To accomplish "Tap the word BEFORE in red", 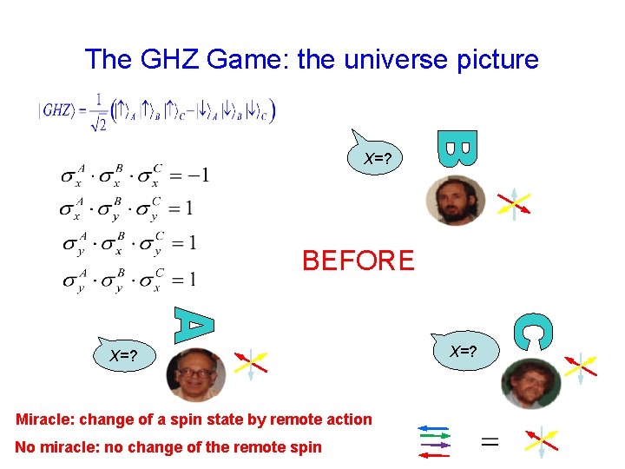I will pyautogui.click(x=358, y=260).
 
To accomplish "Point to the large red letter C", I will pyautogui.click(x=531, y=332).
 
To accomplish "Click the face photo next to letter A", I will pyautogui.click(x=195, y=374).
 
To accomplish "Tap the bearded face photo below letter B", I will pyautogui.click(x=456, y=201).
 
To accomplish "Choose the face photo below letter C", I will pyautogui.click(x=530, y=383).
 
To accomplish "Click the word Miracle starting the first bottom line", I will pyautogui.click(x=44, y=419).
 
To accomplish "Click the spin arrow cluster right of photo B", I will pyautogui.click(x=514, y=204).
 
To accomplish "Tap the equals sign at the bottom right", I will pyautogui.click(x=490, y=442).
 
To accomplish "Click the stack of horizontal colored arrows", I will pyautogui.click(x=435, y=439).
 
